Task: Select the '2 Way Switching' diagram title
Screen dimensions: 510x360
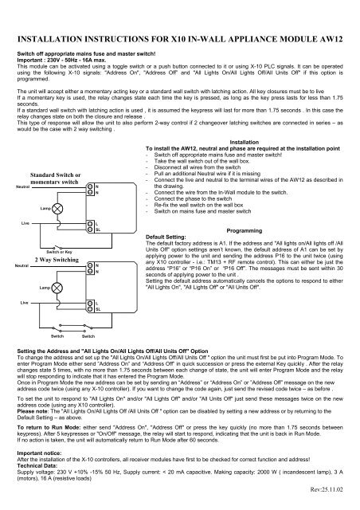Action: pyautogui.click(x=56, y=260)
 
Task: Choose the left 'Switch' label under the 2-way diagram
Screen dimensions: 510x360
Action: pyautogui.click(x=58, y=337)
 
